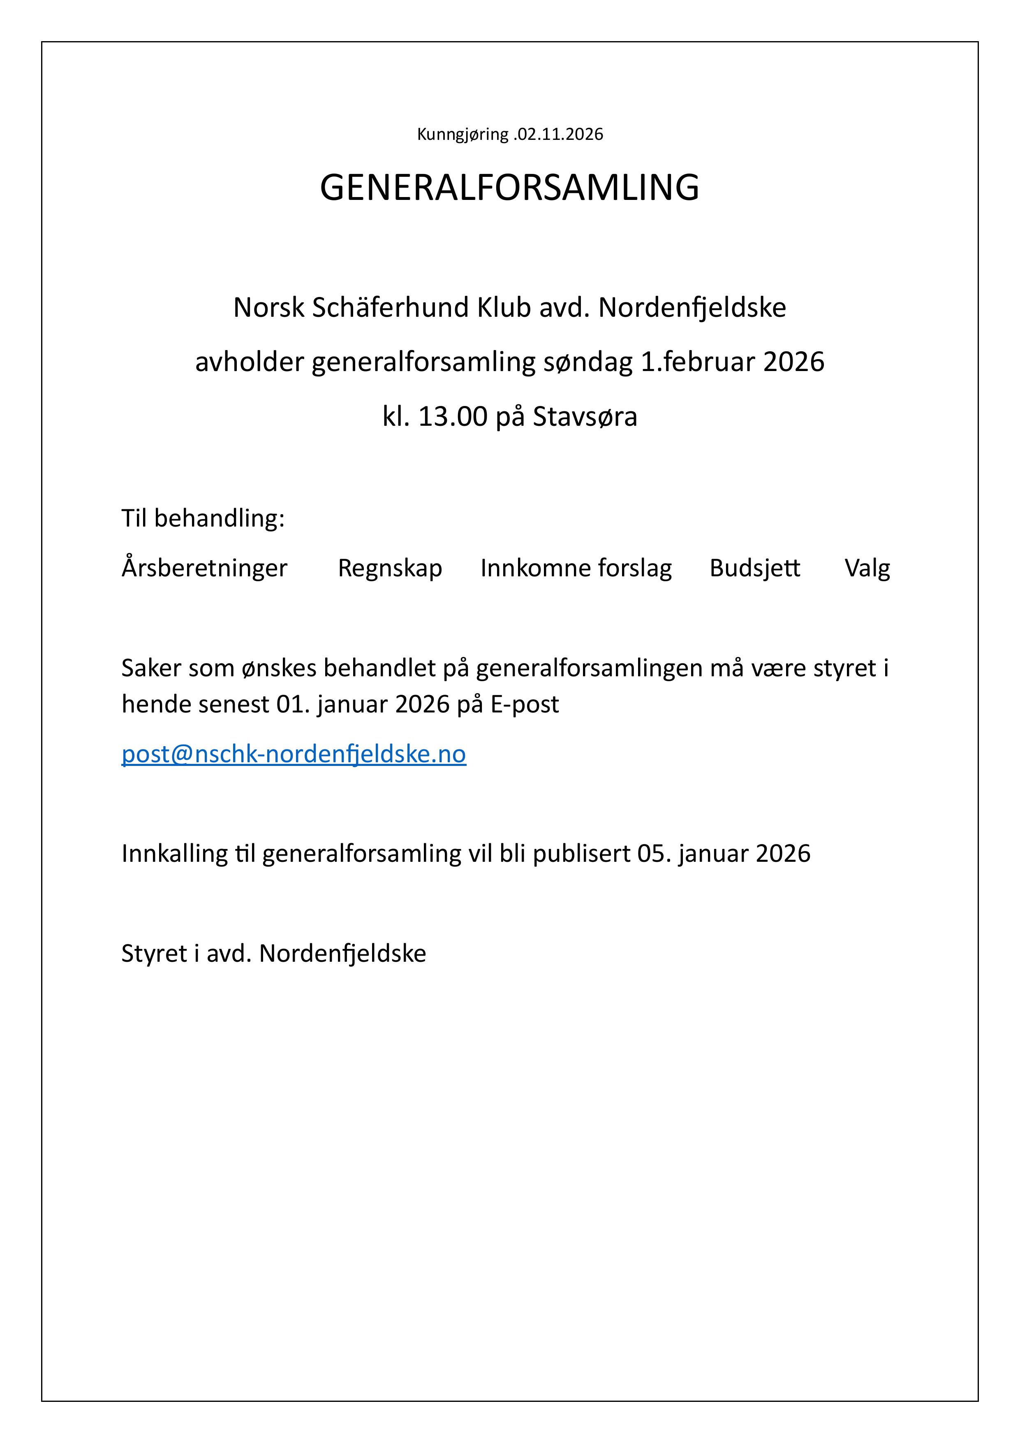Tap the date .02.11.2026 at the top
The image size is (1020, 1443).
[558, 135]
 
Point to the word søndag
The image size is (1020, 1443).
[587, 363]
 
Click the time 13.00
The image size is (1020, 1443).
[452, 417]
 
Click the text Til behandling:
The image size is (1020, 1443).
[203, 518]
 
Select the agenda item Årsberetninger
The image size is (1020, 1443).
[204, 568]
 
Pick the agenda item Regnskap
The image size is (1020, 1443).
[390, 568]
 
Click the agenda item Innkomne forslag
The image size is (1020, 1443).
[576, 568]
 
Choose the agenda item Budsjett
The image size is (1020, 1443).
[755, 568]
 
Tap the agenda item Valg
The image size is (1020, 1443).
[867, 568]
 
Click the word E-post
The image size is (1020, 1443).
[525, 705]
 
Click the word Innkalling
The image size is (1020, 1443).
[174, 854]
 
